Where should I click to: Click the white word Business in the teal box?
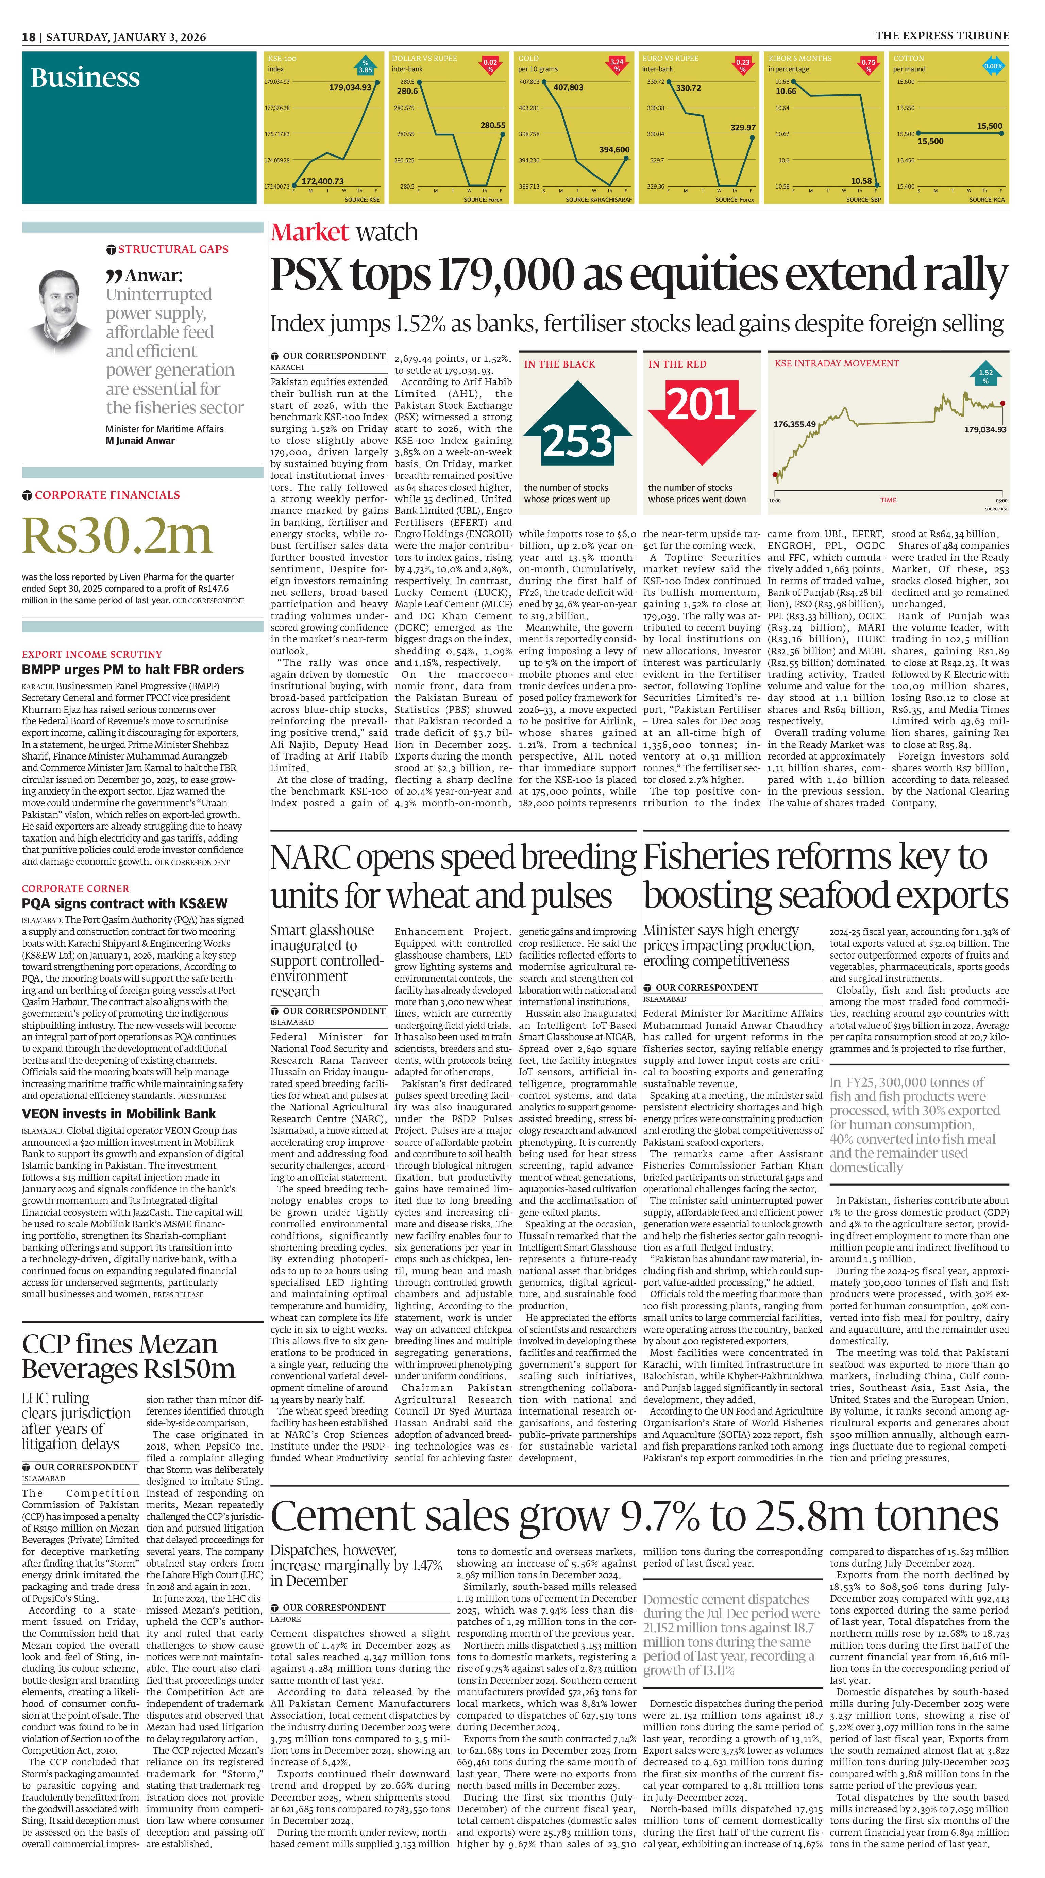85,78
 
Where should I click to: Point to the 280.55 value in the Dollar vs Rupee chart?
493,126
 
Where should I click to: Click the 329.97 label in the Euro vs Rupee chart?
743,128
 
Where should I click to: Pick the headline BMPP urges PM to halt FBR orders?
133,669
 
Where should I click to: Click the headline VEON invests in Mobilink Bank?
119,1113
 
